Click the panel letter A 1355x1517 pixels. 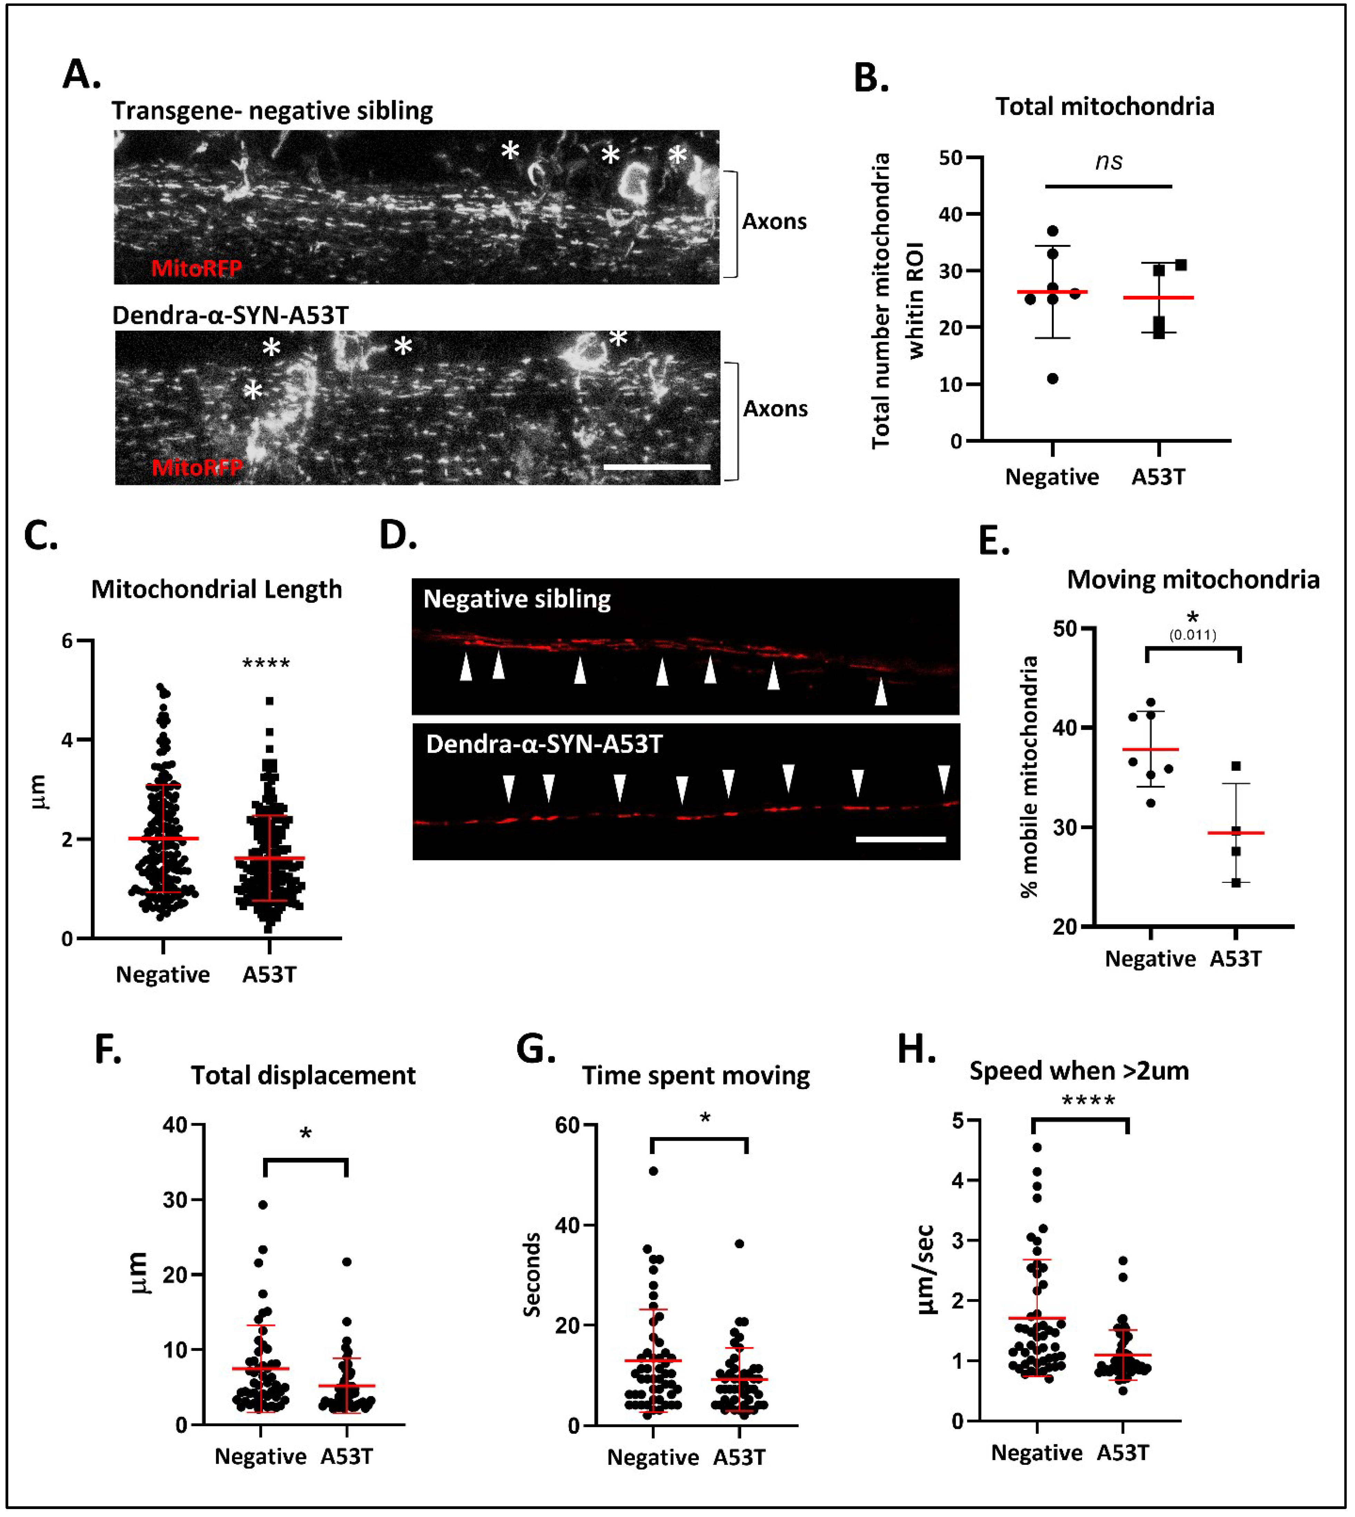tap(80, 75)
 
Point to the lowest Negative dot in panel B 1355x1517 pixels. tap(1053, 378)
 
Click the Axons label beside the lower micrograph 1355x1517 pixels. tap(775, 409)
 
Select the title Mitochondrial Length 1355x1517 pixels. tap(217, 589)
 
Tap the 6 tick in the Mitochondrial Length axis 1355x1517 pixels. tap(67, 640)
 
